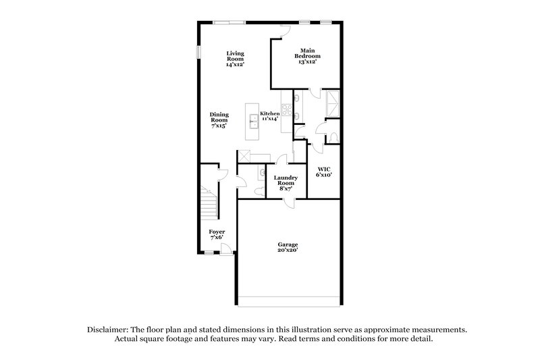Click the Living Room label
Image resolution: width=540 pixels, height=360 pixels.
pos(235,59)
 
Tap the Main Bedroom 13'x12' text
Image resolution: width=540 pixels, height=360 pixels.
pos(308,55)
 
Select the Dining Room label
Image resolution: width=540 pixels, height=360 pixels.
pos(218,120)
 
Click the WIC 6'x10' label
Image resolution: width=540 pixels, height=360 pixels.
pos(323,172)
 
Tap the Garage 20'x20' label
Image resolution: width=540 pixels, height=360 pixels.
pos(288,247)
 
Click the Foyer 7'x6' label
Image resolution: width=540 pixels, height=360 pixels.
pos(217,234)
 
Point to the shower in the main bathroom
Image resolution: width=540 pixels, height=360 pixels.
pos(331,103)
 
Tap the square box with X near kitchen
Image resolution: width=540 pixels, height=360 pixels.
pos(243,157)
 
